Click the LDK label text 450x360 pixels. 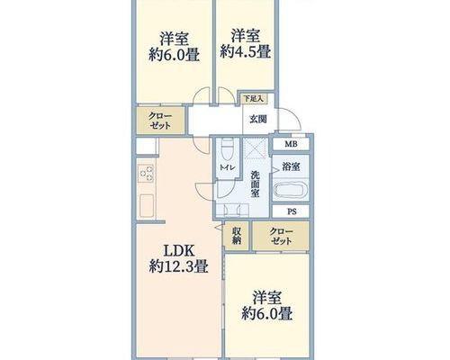tap(178, 250)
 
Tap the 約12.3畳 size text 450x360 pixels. tap(178, 266)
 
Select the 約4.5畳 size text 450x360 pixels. tap(246, 51)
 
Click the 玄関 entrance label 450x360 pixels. tap(258, 120)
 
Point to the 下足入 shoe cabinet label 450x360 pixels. tap(253, 98)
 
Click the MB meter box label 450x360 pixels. tap(291, 144)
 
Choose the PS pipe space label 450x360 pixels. tap(292, 211)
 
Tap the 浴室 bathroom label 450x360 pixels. tap(291, 166)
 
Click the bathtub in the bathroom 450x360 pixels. tap(291, 190)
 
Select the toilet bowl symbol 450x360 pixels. tap(228, 148)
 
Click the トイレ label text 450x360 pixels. tap(229, 168)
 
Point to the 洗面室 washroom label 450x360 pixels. tap(255, 184)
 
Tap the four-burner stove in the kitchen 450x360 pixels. tap(146, 174)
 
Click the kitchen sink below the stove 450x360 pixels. tap(147, 205)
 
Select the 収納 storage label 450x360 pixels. tap(237, 236)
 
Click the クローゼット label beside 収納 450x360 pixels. tap(281, 236)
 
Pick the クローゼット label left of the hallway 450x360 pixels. tap(160, 121)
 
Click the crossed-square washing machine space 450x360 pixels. tap(256, 148)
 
